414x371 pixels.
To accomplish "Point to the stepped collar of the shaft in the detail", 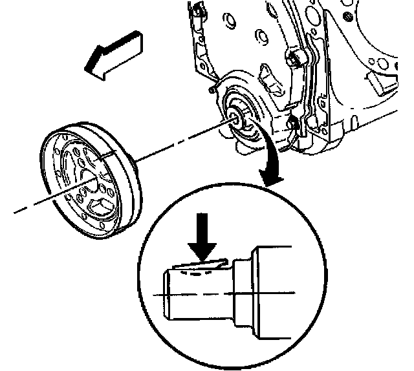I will [x=241, y=291].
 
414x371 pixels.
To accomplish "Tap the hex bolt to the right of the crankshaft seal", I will [x=293, y=122].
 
